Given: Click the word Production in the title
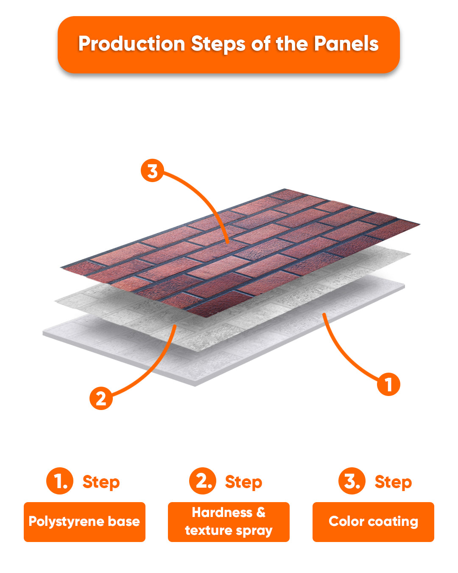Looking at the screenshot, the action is (x=132, y=44).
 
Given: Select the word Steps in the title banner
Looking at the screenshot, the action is (x=218, y=44).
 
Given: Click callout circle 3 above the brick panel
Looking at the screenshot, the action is (x=152, y=170).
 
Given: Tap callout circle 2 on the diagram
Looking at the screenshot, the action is (x=101, y=398).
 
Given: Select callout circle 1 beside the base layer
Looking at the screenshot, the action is (x=388, y=384).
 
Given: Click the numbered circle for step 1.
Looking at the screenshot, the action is (x=60, y=480).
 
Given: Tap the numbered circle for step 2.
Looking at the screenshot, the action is (x=203, y=480).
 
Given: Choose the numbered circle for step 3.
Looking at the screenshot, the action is (x=352, y=480).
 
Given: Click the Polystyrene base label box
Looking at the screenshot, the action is (x=85, y=522).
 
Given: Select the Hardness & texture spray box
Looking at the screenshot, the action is (x=229, y=522).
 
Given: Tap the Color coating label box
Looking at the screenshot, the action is (x=373, y=522).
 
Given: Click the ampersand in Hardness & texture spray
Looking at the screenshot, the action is (x=261, y=512).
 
